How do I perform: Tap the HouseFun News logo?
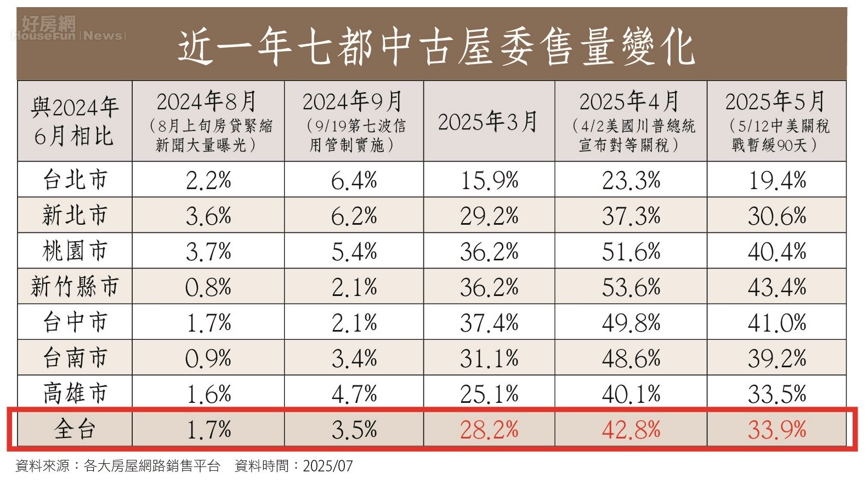(67, 29)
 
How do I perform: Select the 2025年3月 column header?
(487, 122)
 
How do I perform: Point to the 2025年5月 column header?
(776, 121)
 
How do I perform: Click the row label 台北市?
(75, 180)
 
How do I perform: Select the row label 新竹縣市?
(75, 287)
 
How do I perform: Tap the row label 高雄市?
(75, 394)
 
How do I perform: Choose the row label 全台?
(75, 429)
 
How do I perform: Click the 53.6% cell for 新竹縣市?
(631, 287)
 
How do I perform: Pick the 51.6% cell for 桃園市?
(631, 252)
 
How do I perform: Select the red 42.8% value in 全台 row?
(631, 430)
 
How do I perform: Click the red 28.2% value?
(489, 430)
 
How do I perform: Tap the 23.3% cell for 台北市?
(631, 180)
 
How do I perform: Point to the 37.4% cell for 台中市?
(489, 323)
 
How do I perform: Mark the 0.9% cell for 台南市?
(208, 358)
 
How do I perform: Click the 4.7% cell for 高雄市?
(354, 394)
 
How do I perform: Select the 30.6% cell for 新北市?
(777, 216)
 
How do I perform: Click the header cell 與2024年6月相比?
(75, 121)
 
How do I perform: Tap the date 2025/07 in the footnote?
(328, 466)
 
